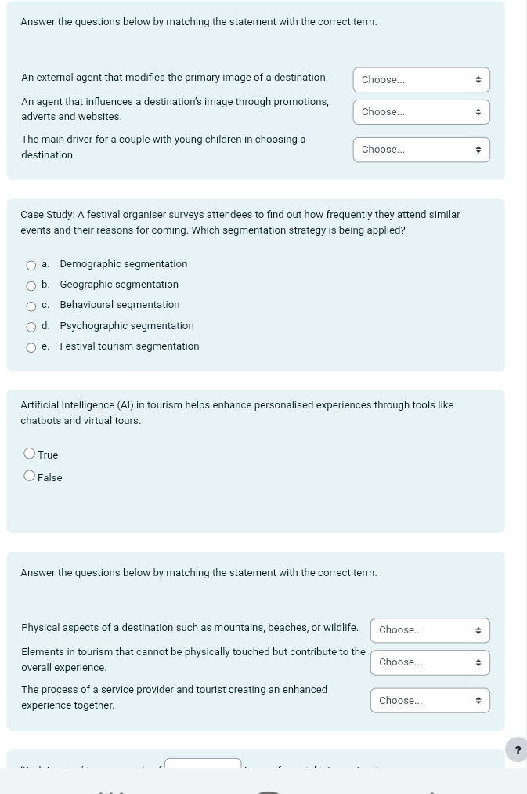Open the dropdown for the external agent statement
point(421,80)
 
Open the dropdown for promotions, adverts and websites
point(421,112)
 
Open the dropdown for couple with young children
point(421,150)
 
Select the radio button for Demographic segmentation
point(31,265)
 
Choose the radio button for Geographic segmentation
point(31,285)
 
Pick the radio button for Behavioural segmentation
point(31,306)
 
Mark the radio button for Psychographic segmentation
point(31,327)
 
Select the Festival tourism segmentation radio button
point(31,347)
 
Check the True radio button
point(30,454)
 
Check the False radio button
point(30,476)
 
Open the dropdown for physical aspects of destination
point(430,630)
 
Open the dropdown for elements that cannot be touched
point(430,662)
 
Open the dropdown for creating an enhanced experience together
point(430,701)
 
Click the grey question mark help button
point(517,750)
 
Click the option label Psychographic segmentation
point(127,326)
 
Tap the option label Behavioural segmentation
point(120,305)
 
